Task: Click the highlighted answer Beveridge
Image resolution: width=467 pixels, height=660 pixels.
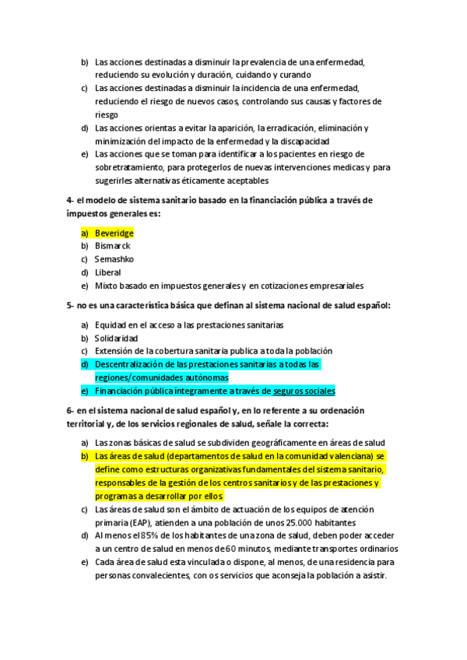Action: point(114,233)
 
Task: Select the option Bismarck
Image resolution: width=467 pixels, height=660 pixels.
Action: point(112,246)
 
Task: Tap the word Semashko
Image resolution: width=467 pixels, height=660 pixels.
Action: point(115,259)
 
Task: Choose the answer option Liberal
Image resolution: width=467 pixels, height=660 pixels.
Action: point(107,272)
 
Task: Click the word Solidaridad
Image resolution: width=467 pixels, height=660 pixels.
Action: point(116,338)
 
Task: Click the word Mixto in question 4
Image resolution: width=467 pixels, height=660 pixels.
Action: point(107,286)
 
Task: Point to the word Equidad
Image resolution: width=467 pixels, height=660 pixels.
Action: point(111,325)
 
